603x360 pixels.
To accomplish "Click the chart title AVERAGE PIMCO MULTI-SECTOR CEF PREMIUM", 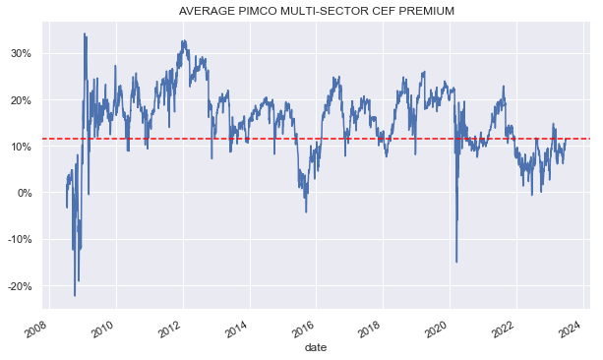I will point(316,11).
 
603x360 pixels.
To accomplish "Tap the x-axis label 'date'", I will point(316,347).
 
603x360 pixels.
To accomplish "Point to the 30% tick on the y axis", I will point(20,53).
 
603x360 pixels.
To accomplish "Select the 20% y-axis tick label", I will point(20,99).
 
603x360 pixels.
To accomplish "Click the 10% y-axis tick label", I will point(20,147).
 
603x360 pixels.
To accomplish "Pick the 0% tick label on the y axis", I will point(23,193).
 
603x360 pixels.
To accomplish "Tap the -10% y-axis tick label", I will point(18,239).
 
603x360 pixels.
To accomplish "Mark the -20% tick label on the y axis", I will point(18,286).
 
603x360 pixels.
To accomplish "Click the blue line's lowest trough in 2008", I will point(75,295).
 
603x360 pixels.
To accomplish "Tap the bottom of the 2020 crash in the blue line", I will point(456,262).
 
